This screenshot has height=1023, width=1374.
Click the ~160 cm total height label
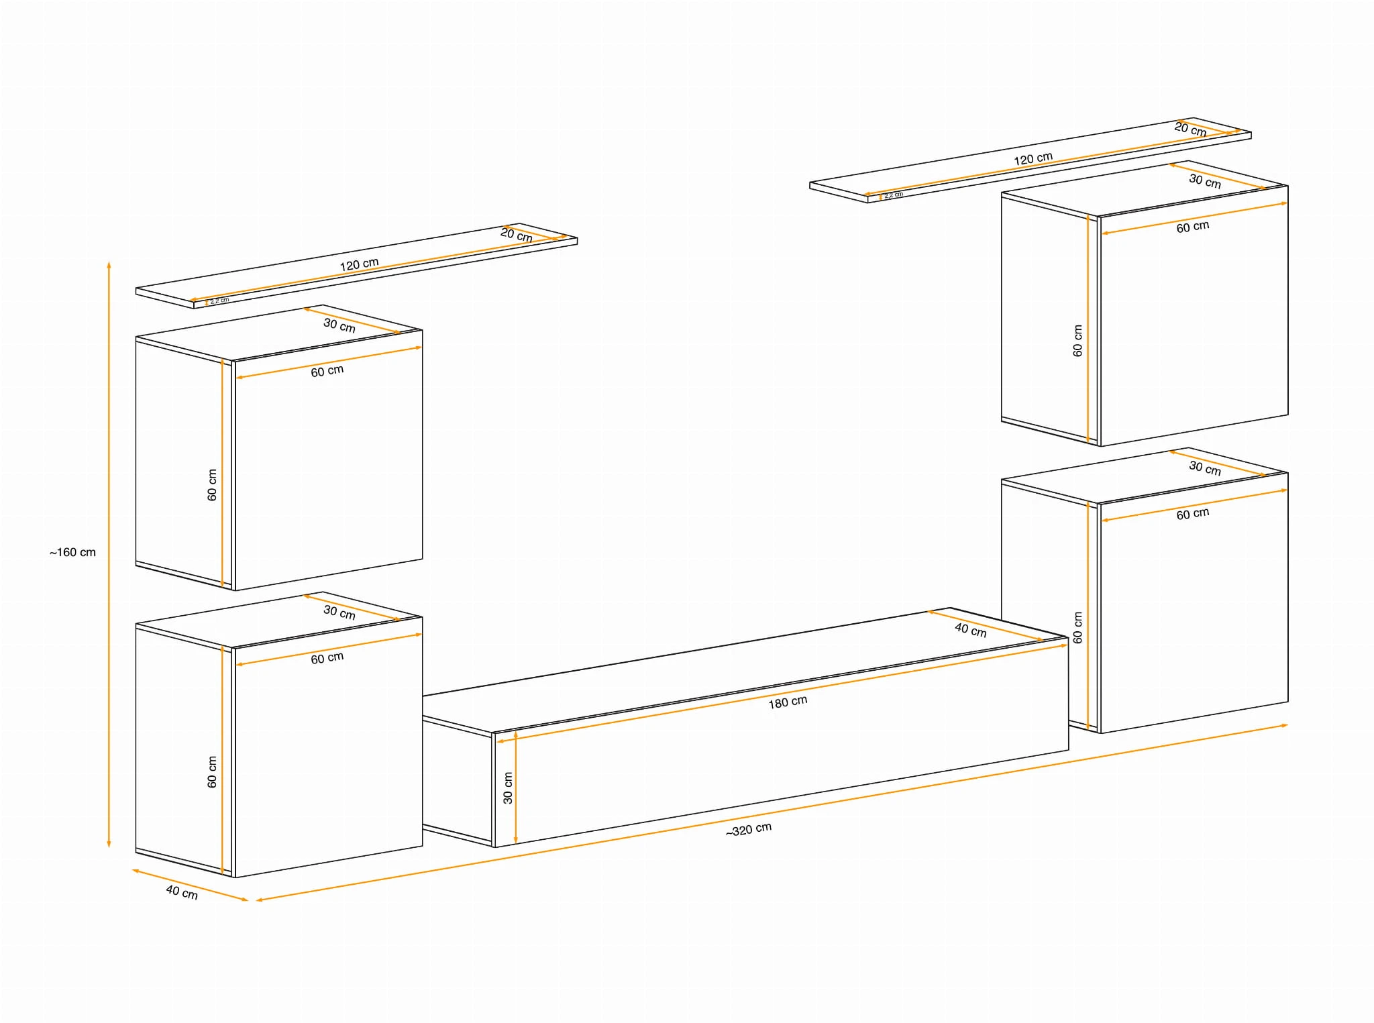click(72, 552)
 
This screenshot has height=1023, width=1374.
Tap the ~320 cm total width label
click(749, 830)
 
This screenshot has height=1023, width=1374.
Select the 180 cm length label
click(788, 702)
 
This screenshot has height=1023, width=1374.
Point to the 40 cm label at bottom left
click(182, 892)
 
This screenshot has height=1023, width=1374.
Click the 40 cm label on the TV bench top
click(971, 630)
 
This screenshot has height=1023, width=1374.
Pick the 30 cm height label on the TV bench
click(508, 788)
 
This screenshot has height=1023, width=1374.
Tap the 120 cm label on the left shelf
click(359, 264)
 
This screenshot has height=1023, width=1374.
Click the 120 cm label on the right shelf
click(1033, 159)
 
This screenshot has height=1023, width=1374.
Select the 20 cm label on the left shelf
click(517, 235)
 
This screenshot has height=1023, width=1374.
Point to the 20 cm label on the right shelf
click(1191, 129)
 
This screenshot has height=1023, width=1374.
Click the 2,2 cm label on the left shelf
click(219, 301)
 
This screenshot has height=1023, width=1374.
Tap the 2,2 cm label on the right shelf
click(894, 195)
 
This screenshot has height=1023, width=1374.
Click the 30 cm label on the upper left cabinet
click(339, 325)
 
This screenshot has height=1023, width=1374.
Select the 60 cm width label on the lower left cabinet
click(327, 658)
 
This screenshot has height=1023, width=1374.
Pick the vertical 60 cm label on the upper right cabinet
click(1077, 341)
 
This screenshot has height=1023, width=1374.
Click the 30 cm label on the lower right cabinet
click(1205, 468)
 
